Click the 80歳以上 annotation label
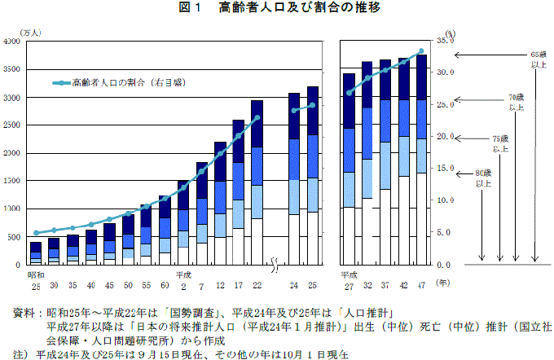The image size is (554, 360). (x=483, y=179)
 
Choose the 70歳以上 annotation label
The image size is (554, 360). (x=517, y=102)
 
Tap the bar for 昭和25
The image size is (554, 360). (x=36, y=253)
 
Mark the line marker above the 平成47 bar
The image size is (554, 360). (x=421, y=51)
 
